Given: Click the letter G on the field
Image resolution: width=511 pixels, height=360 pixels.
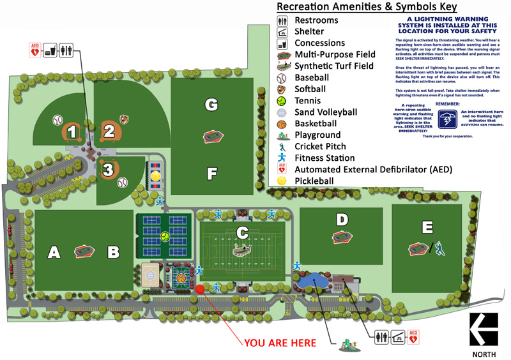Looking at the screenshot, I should tap(211, 104).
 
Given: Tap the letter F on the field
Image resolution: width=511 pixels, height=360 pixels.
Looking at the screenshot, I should tap(211, 173).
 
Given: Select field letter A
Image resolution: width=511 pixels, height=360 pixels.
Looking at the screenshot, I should tap(54, 253).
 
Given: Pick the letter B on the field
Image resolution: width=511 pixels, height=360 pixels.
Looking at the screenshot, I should tap(113, 253).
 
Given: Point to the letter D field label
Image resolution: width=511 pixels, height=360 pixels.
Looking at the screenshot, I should tap(342, 220).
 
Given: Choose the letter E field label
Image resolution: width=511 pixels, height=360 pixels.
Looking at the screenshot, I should tap(427, 227).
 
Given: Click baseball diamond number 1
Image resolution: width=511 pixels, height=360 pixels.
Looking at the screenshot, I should tap(72, 132).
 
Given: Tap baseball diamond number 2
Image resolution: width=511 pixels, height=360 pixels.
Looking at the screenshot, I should tap(109, 131).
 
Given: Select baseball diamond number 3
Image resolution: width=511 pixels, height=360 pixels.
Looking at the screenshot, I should tap(109, 170).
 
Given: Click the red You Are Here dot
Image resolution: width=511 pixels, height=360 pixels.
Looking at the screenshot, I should tap(199, 289).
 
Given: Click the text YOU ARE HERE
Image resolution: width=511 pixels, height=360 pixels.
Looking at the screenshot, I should tap(280, 343).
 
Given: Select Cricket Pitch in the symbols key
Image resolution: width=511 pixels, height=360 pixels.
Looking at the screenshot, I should tap(320, 147).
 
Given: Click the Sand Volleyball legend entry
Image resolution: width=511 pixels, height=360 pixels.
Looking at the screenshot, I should tap(326, 112).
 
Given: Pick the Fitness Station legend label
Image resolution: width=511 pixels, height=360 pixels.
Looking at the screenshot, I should tap(324, 158).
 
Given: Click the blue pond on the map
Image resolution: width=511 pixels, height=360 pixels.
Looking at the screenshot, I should tap(314, 279).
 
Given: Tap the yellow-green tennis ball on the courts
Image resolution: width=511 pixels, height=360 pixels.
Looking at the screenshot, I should tap(165, 236).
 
